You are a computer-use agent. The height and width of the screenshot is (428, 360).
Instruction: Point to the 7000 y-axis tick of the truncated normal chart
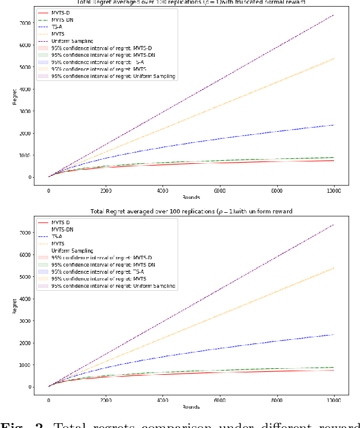tap(26, 23)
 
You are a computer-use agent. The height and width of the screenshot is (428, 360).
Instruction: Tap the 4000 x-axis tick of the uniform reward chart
tap(162, 400)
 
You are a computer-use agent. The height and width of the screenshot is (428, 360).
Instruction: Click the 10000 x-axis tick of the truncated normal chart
tap(333, 190)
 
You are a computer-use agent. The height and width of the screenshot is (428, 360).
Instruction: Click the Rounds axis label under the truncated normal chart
tap(191, 197)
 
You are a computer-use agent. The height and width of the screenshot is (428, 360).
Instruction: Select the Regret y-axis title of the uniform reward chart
tap(15, 305)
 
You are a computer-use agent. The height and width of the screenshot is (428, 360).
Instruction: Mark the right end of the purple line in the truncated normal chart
tap(333, 15)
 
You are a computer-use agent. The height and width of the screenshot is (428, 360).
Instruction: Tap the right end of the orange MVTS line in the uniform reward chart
tap(333, 268)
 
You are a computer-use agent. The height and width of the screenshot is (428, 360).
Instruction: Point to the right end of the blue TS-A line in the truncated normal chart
tap(333, 125)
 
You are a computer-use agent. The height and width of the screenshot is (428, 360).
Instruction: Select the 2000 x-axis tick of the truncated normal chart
tap(106, 190)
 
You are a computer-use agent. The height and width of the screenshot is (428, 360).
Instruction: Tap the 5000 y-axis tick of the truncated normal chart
tap(26, 67)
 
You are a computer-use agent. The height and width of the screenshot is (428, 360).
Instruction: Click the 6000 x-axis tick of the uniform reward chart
tap(219, 400)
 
